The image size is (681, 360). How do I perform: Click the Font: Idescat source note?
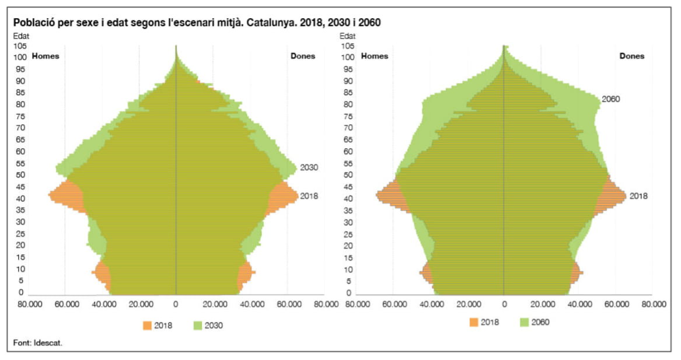(38, 342)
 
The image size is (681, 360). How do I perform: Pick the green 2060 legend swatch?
(523, 322)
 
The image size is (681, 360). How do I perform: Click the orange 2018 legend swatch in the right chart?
(474, 322)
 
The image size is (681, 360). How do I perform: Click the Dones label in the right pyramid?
(631, 57)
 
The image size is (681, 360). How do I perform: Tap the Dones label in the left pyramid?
(303, 57)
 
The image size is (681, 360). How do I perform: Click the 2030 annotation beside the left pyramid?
(309, 168)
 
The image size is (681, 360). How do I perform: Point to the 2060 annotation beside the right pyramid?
(610, 99)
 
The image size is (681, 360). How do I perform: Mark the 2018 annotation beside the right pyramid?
(638, 196)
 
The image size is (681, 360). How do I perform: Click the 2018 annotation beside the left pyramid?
(309, 196)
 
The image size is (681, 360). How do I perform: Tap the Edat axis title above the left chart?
(21, 36)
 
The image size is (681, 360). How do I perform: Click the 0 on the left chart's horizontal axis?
(176, 304)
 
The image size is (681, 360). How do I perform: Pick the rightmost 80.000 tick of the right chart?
(654, 304)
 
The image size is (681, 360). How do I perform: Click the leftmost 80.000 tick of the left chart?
(29, 304)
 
